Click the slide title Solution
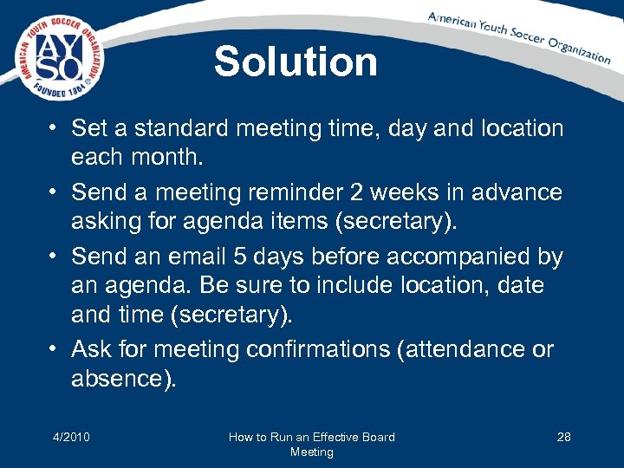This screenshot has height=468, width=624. point(296,62)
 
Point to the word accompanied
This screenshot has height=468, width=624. point(448,257)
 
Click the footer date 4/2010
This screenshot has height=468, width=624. point(70,437)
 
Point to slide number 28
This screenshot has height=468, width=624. point(563,437)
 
